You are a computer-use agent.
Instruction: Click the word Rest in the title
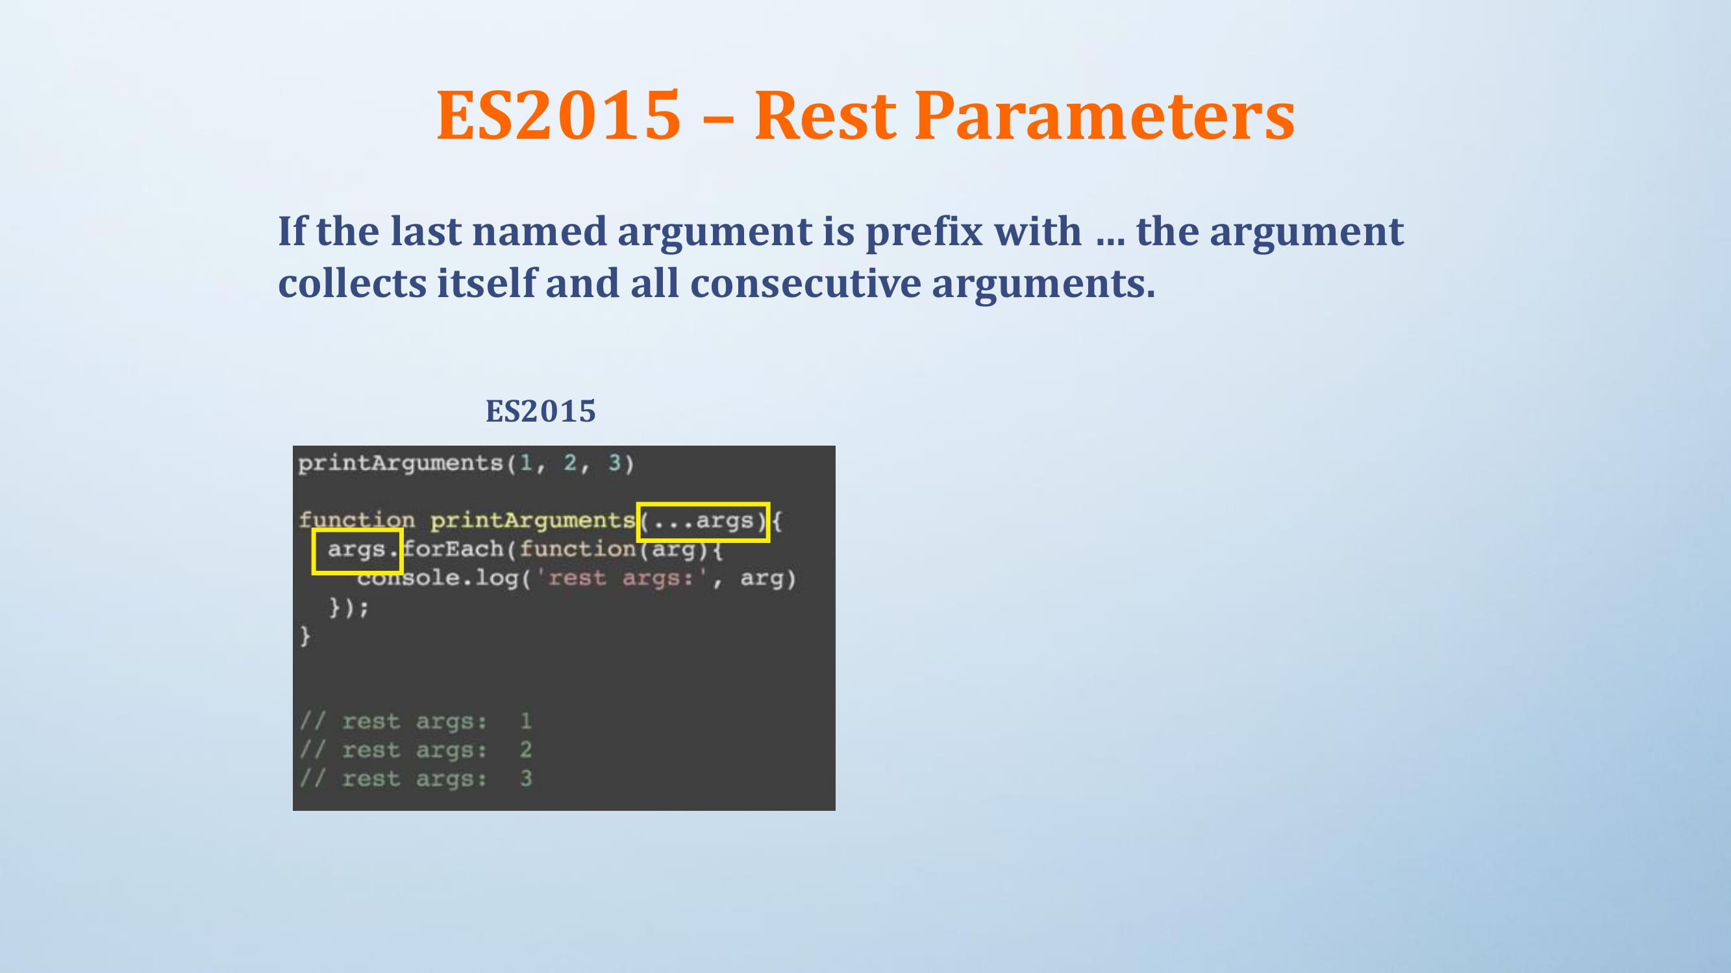point(825,115)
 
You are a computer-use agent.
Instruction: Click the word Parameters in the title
point(1104,115)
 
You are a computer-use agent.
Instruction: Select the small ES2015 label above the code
point(541,411)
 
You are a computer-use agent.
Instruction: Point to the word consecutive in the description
point(806,283)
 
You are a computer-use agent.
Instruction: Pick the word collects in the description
point(352,283)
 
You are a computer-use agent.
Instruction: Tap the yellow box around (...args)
point(703,503)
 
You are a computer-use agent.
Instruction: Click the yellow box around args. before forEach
point(358,530)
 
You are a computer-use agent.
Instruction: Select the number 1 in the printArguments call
point(525,462)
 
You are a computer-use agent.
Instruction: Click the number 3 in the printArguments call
point(614,462)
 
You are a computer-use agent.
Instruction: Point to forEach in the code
point(454,549)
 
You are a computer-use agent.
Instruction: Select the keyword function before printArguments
point(357,520)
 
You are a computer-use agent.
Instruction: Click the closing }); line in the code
point(349,607)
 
